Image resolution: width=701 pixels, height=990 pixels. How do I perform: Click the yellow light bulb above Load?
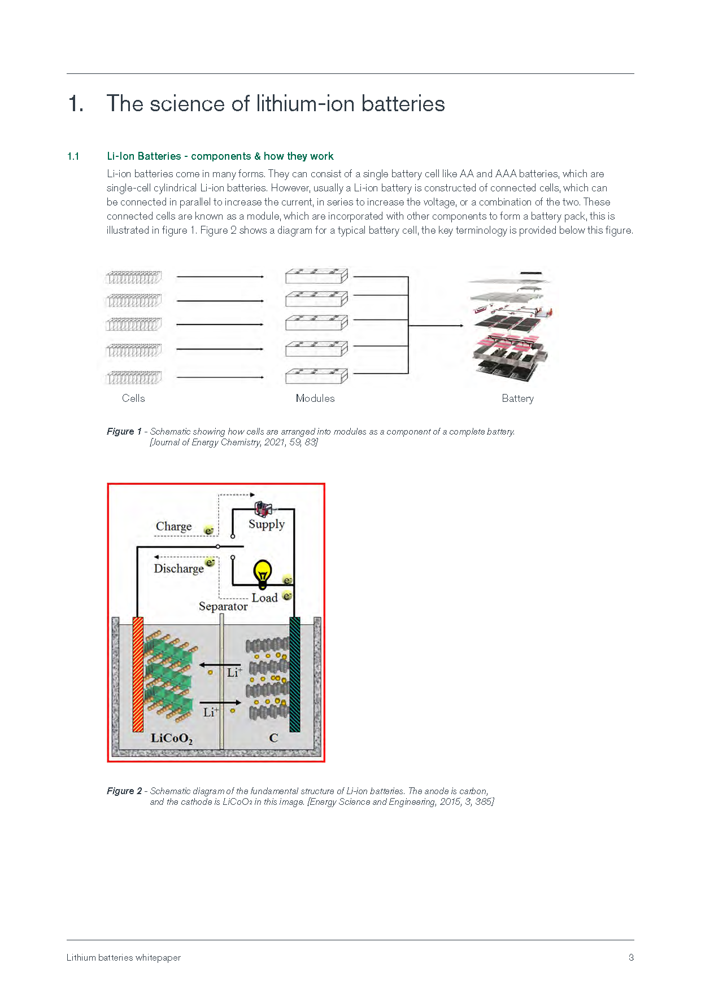pos(263,575)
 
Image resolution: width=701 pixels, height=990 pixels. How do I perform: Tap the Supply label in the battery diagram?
pos(267,524)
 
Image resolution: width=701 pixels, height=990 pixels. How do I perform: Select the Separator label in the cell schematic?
pos(223,607)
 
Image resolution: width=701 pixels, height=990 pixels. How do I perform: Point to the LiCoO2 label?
pos(172,738)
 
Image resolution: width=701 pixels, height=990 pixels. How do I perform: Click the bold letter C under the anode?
pos(274,738)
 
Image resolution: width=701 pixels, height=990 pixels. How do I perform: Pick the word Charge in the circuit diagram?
pos(174,527)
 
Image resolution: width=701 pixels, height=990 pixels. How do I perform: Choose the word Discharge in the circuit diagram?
pos(179,568)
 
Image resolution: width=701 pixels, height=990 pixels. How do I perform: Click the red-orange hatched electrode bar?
pos(138,674)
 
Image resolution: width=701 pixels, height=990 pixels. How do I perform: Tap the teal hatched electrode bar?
pos(294,674)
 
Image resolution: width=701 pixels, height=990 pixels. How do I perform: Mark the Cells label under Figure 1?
pos(133,398)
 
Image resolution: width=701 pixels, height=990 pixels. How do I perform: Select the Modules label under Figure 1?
pos(315,398)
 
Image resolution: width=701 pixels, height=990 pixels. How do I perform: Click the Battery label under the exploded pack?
pos(518,398)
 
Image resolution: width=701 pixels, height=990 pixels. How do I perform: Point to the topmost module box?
pos(316,276)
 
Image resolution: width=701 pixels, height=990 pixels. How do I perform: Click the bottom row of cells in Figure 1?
pos(134,377)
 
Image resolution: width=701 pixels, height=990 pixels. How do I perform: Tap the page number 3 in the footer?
pos(631,957)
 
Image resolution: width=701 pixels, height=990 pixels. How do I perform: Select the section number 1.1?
pos(73,156)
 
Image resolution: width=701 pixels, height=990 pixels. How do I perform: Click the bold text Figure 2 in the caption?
pos(124,791)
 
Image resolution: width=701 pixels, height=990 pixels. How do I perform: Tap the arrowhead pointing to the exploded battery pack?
pos(461,326)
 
